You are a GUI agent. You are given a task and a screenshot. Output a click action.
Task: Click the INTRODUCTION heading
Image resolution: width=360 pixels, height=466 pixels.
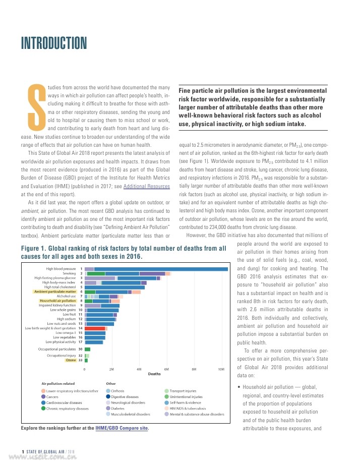pos(53,43)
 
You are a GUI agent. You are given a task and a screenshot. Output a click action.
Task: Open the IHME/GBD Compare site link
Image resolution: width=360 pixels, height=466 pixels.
pos(122,428)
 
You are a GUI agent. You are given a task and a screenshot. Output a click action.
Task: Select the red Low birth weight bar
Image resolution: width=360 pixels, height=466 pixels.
pos(95,328)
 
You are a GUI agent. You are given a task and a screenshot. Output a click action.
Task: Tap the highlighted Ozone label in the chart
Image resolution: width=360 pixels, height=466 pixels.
pos(70,360)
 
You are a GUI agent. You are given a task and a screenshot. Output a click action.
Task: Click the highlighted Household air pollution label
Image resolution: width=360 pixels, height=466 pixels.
pos(58,301)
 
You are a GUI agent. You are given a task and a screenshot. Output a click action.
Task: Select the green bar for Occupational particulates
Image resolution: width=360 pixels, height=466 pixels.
pos(87,349)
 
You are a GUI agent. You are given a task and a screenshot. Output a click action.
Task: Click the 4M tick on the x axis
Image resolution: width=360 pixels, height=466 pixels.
pos(139,370)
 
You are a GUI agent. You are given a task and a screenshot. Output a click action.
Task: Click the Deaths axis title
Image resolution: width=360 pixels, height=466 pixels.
pos(154,374)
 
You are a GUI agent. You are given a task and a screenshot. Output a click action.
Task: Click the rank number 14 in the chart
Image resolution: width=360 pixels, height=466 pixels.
pos(81,328)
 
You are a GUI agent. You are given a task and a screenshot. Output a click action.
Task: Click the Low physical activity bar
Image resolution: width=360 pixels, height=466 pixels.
pos(94,342)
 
